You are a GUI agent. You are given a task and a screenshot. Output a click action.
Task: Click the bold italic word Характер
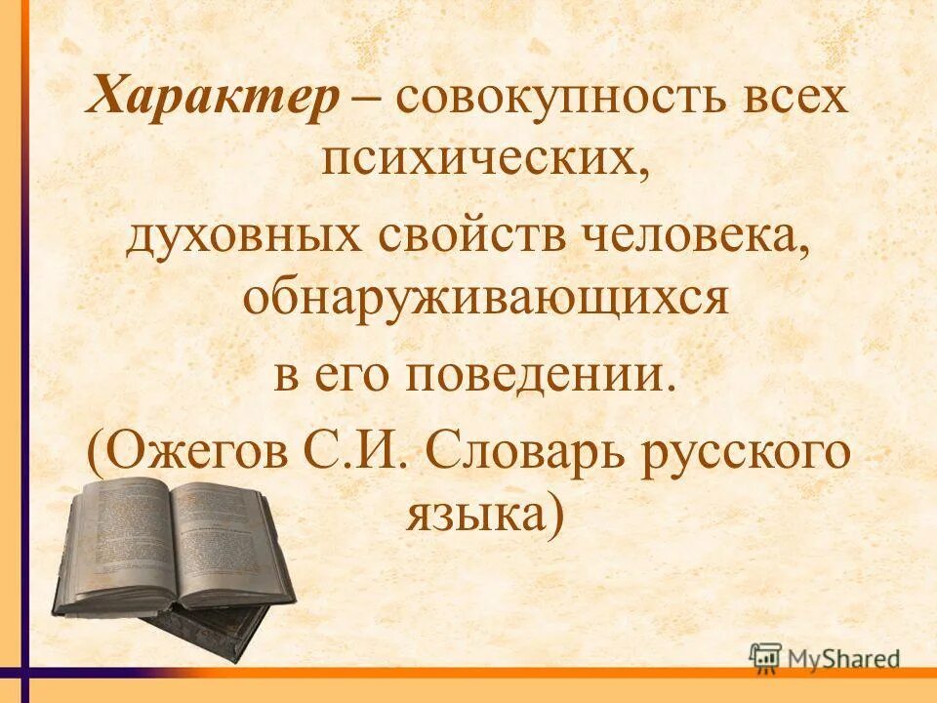point(214,101)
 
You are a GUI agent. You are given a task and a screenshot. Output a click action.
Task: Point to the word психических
point(485,158)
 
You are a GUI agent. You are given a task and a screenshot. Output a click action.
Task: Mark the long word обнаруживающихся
point(485,297)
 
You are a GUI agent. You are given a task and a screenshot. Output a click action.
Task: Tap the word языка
point(475,512)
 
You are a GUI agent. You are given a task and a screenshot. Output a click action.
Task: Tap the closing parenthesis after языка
point(556,514)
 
